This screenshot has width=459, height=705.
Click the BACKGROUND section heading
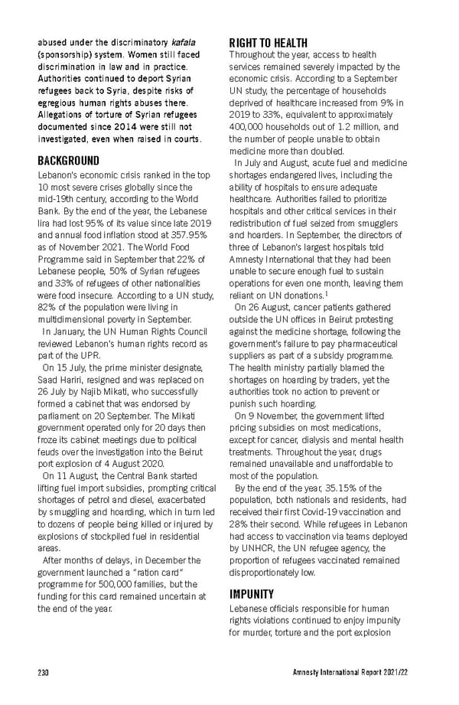69,161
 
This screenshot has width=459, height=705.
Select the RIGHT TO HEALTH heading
269,43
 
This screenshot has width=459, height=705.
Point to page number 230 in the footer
44,672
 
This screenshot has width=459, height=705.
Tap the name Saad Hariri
63,380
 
